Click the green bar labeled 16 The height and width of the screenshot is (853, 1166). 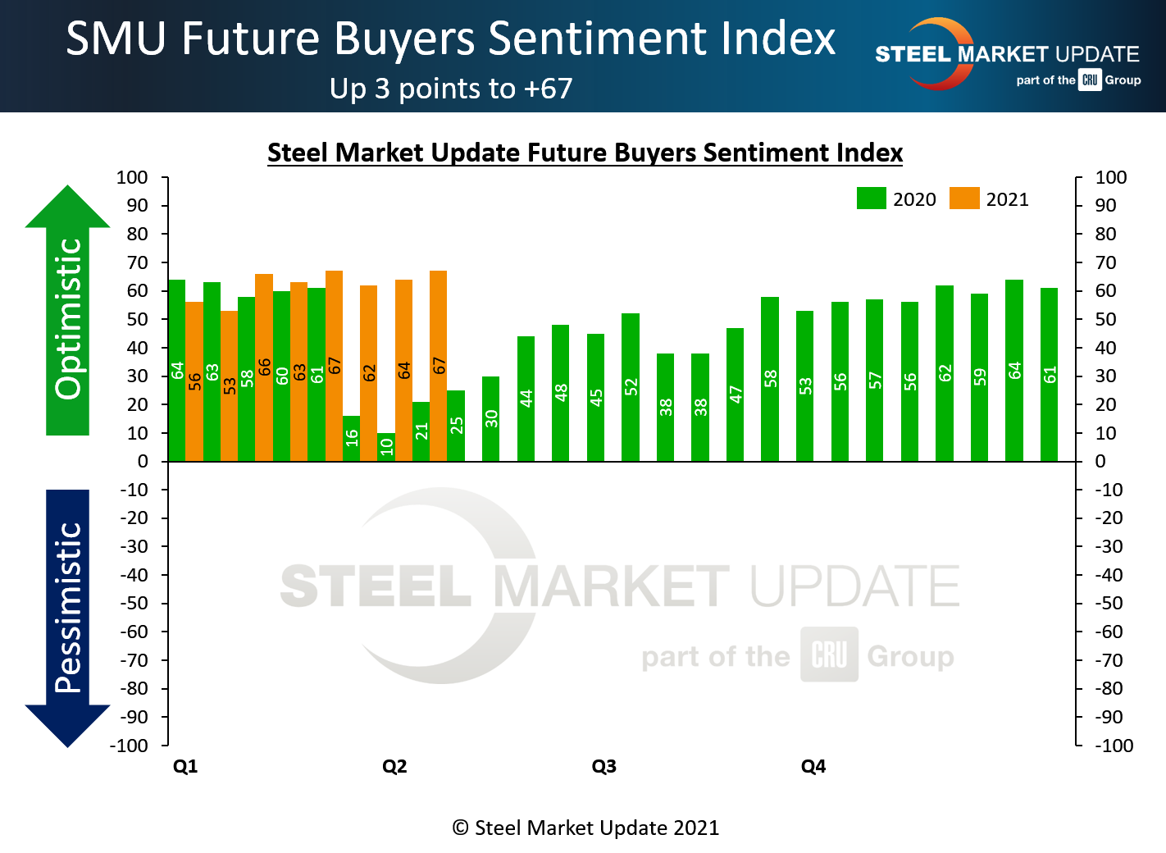pos(351,439)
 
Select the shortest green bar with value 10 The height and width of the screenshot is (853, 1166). pos(386,447)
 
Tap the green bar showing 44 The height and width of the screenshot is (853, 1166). pos(526,399)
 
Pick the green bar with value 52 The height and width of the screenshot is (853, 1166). pos(631,387)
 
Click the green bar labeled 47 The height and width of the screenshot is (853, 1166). pos(736,395)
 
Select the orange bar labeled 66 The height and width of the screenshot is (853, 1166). pos(264,367)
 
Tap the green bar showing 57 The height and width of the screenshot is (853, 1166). pos(875,381)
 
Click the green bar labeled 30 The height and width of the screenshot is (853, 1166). pos(490,418)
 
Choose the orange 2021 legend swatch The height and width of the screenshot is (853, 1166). pos(964,198)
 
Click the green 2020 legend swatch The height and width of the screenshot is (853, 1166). pos(871,198)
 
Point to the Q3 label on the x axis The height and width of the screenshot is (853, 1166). pos(603,766)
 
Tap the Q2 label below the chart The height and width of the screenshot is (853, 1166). pos(394,766)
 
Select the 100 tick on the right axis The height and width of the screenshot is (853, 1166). pos(1111,177)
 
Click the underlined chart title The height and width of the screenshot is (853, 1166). pos(585,153)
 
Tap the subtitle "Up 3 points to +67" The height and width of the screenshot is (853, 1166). pos(451,89)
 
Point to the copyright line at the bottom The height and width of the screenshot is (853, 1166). pos(585,828)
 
